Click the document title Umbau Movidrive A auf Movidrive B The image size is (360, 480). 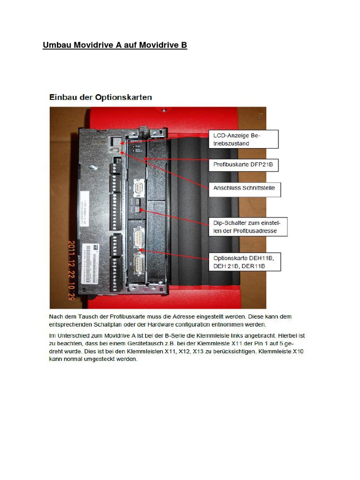tap(115, 45)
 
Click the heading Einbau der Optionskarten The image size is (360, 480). tap(101, 97)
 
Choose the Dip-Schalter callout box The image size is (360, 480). tap(247, 226)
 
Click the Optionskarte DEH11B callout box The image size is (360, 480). tap(244, 262)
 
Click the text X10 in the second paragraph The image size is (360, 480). tap(298, 351)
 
